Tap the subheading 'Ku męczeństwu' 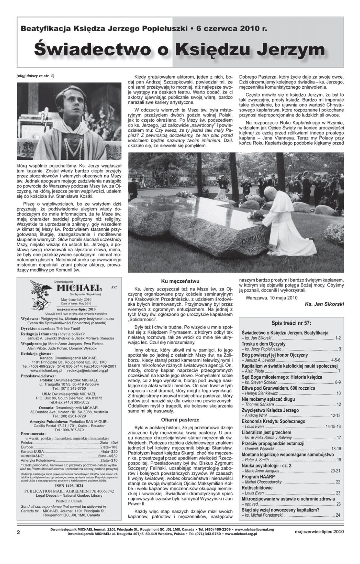point(180,281)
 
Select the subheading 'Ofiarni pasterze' point(180,420)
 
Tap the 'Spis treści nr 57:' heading point(291,323)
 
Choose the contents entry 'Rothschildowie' point(257,488)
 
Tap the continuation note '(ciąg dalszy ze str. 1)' point(35,76)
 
